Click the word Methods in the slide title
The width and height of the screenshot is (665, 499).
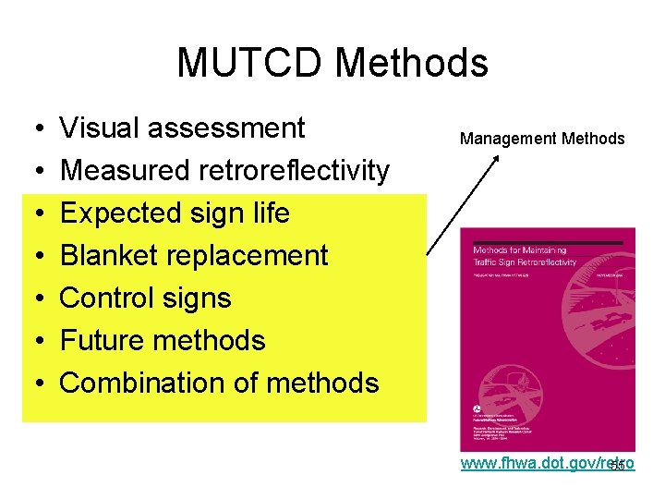[411, 63]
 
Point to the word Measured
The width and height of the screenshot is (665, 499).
[125, 170]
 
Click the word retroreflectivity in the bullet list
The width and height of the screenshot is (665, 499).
[294, 170]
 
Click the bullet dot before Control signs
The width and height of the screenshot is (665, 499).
[32, 298]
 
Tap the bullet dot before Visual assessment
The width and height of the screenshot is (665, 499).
[32, 128]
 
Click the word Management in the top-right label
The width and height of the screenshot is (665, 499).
[506, 139]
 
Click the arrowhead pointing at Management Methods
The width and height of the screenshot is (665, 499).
[496, 160]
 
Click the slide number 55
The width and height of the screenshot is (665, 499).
[618, 467]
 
